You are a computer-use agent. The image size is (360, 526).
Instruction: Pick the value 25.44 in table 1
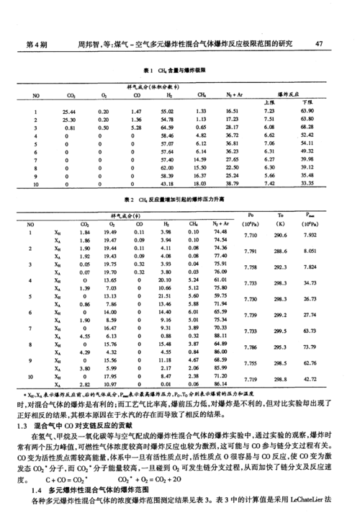pyautogui.click(x=70, y=112)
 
